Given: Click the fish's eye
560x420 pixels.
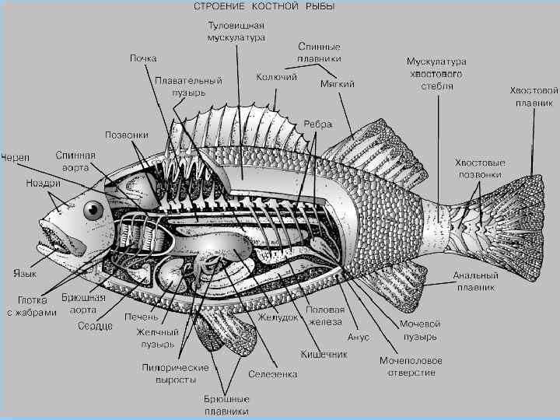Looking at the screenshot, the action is coord(94,209).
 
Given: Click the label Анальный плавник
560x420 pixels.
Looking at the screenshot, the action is coord(476,281).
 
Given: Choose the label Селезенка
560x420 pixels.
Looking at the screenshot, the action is coord(272,374).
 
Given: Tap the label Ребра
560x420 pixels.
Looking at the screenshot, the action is coord(318,124).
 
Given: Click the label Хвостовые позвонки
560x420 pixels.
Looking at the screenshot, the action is coord(479,169).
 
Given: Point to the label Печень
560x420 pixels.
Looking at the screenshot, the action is coord(142,317).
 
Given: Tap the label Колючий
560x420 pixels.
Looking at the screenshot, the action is coord(277,77).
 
